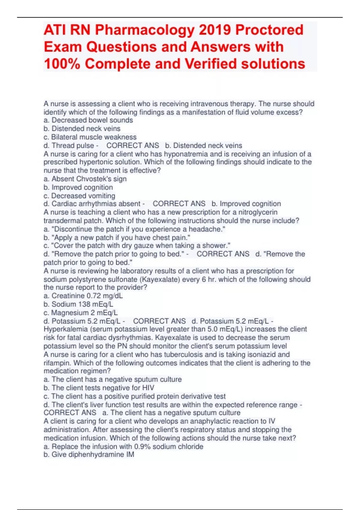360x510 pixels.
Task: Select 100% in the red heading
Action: tap(62, 64)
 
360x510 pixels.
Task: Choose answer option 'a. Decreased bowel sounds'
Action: tap(88, 120)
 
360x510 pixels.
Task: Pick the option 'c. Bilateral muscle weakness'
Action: tap(90, 137)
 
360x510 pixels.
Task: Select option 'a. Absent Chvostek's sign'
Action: tap(85, 179)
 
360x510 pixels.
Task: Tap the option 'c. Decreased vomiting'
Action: tap(79, 196)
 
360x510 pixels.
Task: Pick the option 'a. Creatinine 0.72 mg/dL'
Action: tap(83, 296)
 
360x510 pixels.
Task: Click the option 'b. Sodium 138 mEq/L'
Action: tap(78, 304)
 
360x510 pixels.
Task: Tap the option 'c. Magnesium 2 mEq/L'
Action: tap(81, 313)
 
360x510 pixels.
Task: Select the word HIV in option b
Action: tap(148, 388)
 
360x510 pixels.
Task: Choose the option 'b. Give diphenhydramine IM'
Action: tap(89, 455)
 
